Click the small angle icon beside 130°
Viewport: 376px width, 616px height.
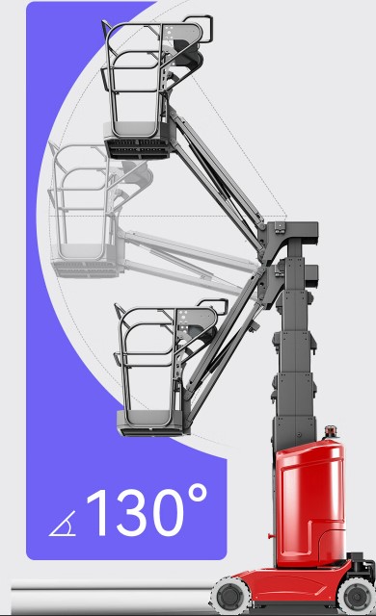point(63,525)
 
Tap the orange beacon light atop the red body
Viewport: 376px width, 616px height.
point(331,431)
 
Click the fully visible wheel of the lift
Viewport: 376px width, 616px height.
point(230,595)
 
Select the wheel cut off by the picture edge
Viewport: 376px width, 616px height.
point(357,597)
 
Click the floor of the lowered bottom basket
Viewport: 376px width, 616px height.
point(151,423)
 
